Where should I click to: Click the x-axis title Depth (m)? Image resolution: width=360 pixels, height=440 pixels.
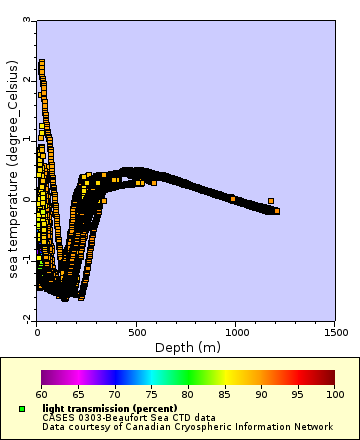click(x=187, y=347)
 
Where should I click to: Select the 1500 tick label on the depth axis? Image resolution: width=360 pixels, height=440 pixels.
click(x=335, y=329)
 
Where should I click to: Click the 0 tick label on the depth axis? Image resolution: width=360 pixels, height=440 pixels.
click(x=36, y=329)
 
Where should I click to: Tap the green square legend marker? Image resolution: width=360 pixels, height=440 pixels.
click(x=23, y=409)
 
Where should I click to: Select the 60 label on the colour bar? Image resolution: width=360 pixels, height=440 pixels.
click(x=41, y=395)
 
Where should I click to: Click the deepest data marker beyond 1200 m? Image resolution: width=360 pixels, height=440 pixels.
click(x=277, y=211)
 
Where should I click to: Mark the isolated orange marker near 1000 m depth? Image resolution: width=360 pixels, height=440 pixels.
click(x=233, y=199)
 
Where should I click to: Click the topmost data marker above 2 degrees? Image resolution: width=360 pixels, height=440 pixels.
click(x=41, y=62)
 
